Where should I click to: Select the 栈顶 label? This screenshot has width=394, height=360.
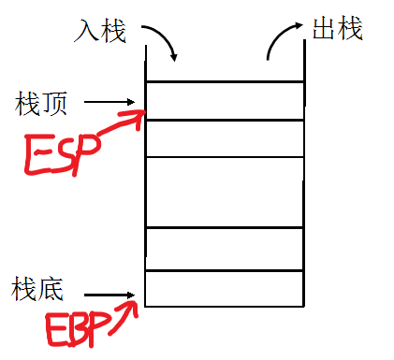pyautogui.click(x=42, y=102)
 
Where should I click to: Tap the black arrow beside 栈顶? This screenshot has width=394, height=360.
pyautogui.click(x=116, y=102)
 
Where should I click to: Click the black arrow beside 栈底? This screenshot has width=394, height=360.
pyautogui.click(x=116, y=298)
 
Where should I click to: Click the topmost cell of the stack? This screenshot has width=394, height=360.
pyautogui.click(x=226, y=100)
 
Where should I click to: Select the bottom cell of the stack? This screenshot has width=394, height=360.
pyautogui.click(x=226, y=288)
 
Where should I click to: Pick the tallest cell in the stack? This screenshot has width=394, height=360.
pyautogui.click(x=226, y=192)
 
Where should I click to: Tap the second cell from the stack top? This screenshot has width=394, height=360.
pyautogui.click(x=226, y=137)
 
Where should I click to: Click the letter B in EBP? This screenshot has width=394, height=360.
pyautogui.click(x=79, y=327)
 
